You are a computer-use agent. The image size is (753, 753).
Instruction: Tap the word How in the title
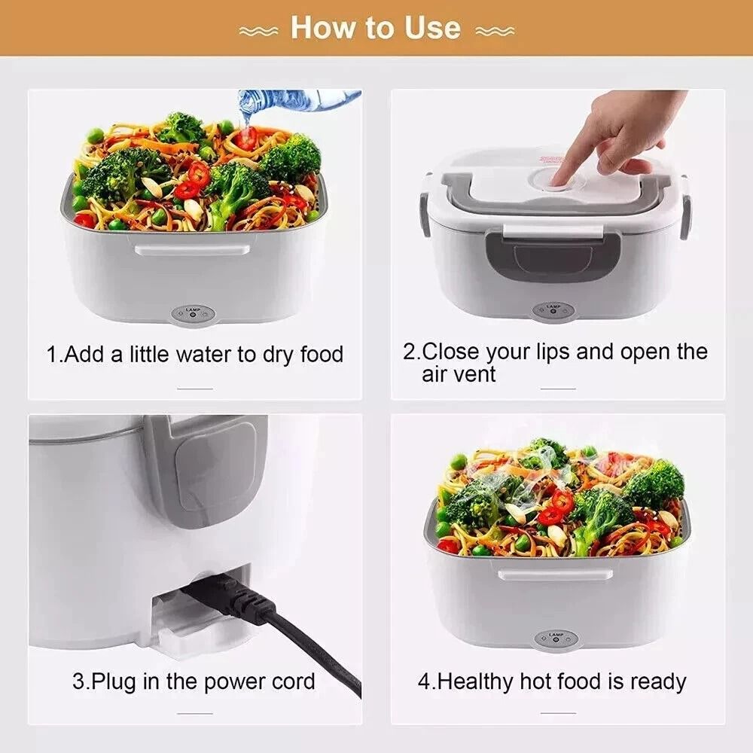pyautogui.click(x=321, y=28)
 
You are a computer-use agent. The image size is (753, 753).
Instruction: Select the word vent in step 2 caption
pyautogui.click(x=476, y=374)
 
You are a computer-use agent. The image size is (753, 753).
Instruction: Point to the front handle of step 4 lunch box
pyautogui.click(x=555, y=574)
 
